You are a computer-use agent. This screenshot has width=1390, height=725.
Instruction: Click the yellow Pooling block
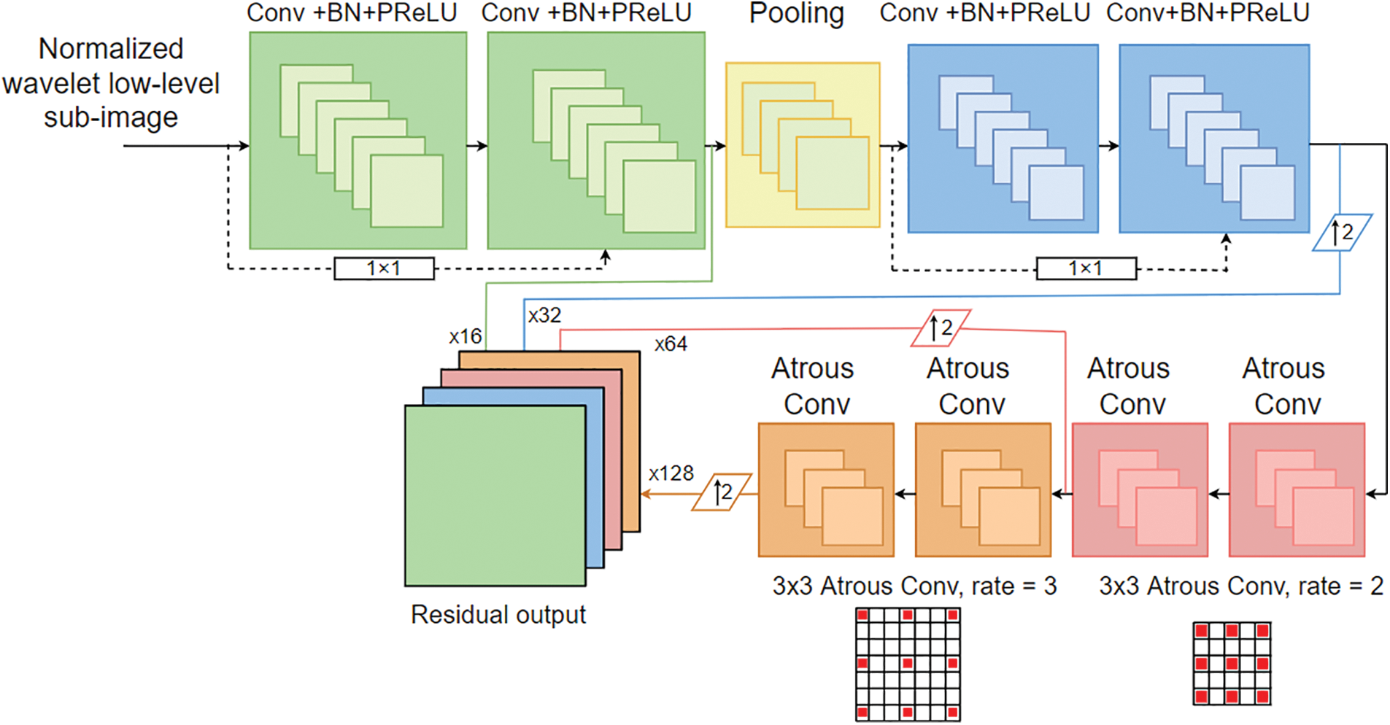click(x=803, y=144)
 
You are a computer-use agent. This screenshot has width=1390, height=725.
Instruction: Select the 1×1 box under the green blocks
click(x=384, y=268)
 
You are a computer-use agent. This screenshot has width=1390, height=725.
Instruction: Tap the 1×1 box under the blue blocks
click(x=1086, y=268)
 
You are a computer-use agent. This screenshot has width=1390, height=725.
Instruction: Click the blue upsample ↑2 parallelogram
click(x=1342, y=233)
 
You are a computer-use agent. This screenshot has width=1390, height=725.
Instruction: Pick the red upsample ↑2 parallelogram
click(x=941, y=328)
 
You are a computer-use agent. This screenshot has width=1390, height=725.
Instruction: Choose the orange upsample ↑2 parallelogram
click(x=722, y=492)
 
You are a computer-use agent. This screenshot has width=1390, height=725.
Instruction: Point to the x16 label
click(x=465, y=336)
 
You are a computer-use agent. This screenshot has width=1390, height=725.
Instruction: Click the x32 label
click(x=544, y=315)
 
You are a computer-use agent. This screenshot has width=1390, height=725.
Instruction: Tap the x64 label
click(x=671, y=344)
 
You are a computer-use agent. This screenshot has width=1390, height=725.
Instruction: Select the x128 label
click(x=671, y=473)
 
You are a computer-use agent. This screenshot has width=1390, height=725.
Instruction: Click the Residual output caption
click(x=498, y=614)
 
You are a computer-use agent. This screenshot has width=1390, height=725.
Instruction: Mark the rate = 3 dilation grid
click(x=908, y=664)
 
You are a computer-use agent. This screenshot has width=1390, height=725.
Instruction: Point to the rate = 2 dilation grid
click(x=1232, y=664)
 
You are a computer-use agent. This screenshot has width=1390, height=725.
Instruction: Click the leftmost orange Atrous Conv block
click(x=826, y=490)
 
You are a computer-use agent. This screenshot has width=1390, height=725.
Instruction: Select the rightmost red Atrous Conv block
click(x=1297, y=490)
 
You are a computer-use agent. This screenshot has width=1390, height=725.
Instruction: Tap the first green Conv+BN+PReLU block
click(x=358, y=140)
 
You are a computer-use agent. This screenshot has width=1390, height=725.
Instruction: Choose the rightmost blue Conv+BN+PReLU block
click(x=1214, y=139)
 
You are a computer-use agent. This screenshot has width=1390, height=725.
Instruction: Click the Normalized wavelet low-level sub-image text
click(x=111, y=83)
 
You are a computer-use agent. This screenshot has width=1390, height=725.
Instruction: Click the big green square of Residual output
click(x=495, y=496)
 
